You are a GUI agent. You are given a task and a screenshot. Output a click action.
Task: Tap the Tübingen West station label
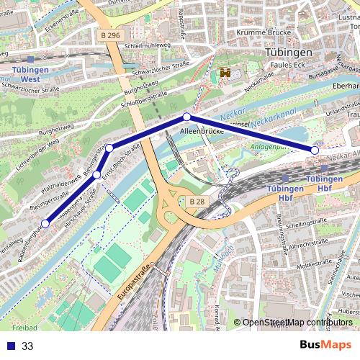click(x=30, y=74)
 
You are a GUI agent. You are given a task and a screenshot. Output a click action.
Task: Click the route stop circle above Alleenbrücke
click(x=186, y=117)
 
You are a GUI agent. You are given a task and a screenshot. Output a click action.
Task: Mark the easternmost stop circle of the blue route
click(x=315, y=150)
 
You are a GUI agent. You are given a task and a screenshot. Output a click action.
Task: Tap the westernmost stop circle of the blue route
click(x=45, y=224)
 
